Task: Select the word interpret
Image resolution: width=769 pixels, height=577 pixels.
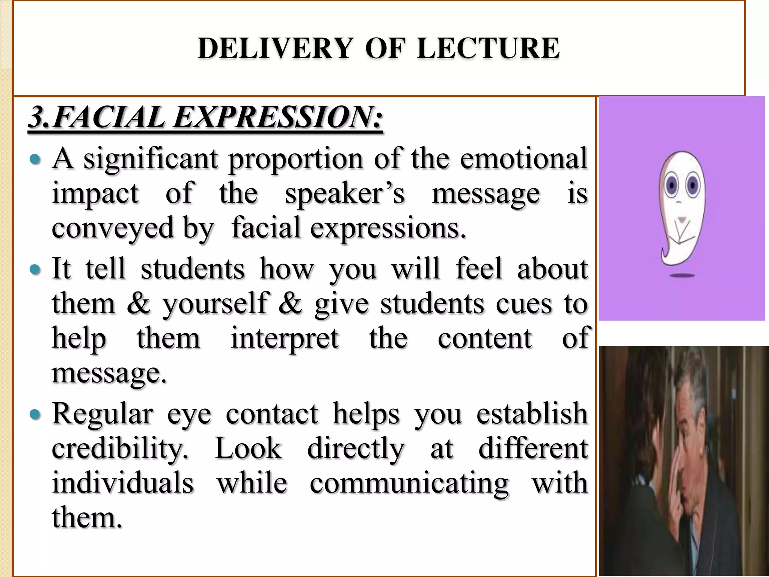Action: pos(285,338)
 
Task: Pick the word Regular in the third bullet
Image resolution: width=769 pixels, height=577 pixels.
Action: pos(103,414)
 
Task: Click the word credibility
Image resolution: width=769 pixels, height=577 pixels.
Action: pos(119,449)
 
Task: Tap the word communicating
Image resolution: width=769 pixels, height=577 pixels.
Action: pos(409,483)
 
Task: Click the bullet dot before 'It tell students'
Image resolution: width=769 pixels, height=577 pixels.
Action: pos(35,269)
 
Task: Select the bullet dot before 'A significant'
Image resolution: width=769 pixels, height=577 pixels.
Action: pos(35,160)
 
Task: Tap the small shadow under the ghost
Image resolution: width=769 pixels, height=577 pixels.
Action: pos(682,276)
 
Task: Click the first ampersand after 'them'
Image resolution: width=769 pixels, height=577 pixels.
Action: pos(138,303)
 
